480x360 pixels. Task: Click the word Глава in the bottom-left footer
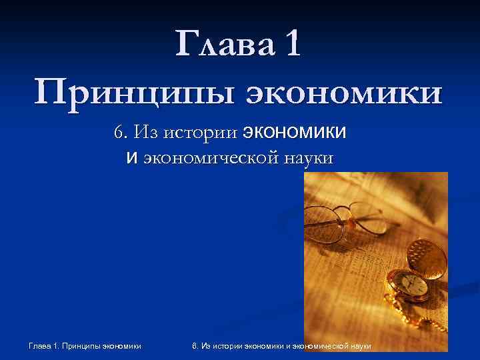(41, 345)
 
